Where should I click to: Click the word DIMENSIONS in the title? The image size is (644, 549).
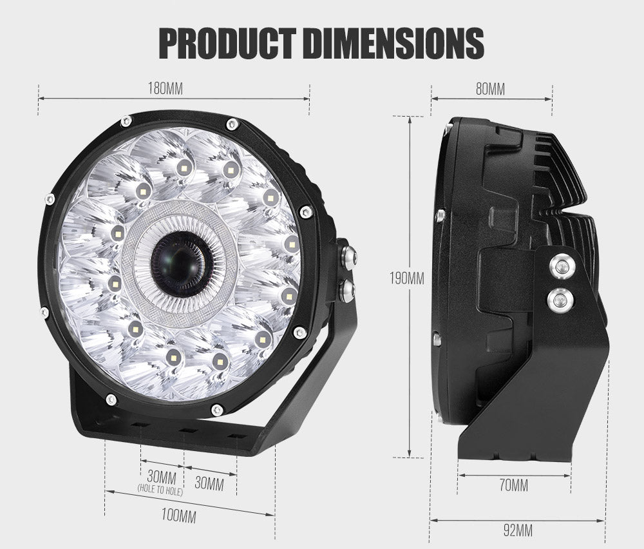(x=394, y=43)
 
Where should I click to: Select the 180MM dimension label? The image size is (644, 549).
(x=166, y=89)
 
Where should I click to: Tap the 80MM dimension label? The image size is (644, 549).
(x=490, y=89)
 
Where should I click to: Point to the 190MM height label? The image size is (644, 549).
(x=406, y=279)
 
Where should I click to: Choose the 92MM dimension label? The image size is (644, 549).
(x=517, y=531)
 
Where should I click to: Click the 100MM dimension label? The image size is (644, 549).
(x=178, y=515)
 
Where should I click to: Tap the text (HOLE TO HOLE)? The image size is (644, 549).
(x=161, y=491)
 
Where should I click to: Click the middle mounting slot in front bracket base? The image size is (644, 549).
(x=187, y=430)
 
